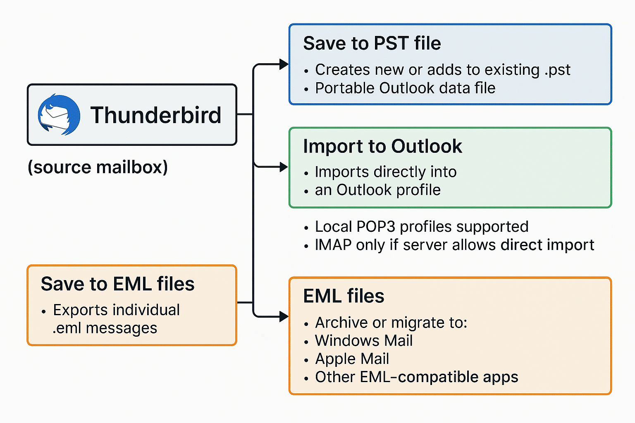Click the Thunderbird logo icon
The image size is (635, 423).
[x=59, y=115]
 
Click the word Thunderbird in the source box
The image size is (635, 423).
[x=156, y=115]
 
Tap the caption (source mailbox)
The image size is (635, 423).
[x=98, y=167]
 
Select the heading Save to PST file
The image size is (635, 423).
[x=372, y=43]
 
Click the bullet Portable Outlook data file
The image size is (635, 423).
[x=405, y=88]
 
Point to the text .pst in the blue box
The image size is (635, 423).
[x=557, y=70]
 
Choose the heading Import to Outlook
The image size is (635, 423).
[x=382, y=146]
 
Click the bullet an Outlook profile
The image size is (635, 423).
[x=377, y=190]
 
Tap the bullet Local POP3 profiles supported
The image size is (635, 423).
[x=421, y=226]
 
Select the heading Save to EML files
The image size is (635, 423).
[x=117, y=284]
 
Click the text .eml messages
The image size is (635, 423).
[x=105, y=328]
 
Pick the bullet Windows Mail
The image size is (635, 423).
[x=363, y=341]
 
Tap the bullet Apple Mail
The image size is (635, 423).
[x=352, y=359]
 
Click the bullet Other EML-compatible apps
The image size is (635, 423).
[x=416, y=377]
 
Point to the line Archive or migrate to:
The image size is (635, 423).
[x=391, y=323]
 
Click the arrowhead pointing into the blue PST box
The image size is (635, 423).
[x=284, y=64]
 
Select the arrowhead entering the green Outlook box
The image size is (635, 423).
[x=284, y=167]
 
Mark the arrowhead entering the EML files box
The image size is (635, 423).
[x=284, y=317]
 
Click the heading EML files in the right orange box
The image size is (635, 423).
[x=344, y=296]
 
